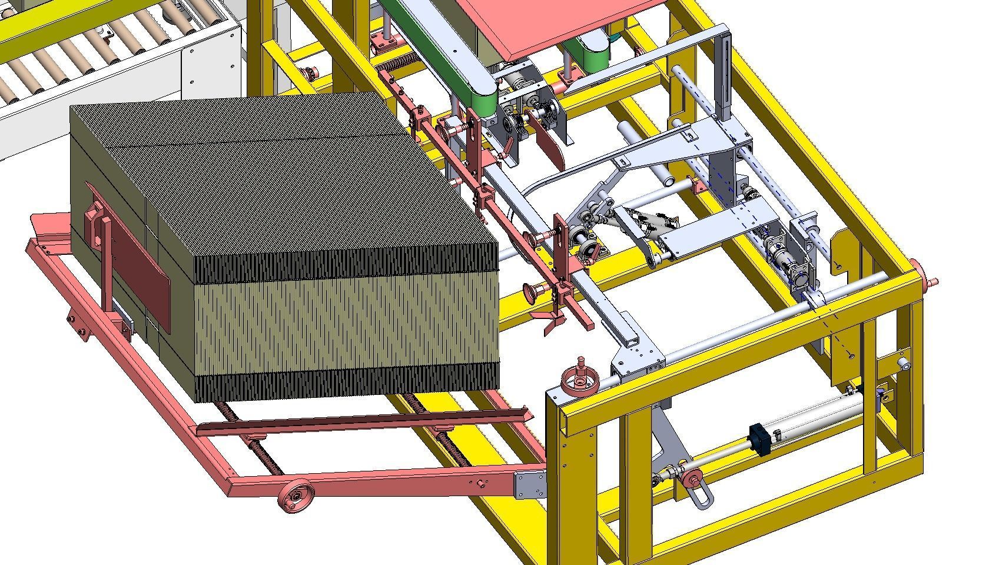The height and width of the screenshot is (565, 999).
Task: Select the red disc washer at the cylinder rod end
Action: point(686,476)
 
